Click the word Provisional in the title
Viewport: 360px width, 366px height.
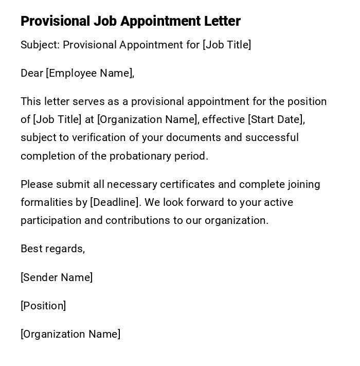tap(55, 21)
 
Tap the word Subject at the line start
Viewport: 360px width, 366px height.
tap(40, 45)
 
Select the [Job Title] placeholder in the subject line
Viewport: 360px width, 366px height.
tap(227, 45)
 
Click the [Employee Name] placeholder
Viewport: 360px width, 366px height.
tap(89, 73)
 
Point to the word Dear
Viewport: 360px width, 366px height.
tap(31, 73)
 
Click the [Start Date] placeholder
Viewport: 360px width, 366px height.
tap(275, 119)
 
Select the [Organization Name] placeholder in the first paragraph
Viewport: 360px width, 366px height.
tap(148, 119)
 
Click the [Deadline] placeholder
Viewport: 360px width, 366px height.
tap(115, 202)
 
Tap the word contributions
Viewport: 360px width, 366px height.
tap(137, 220)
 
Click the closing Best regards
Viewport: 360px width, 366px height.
tap(52, 249)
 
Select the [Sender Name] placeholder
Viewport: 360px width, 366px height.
tap(57, 277)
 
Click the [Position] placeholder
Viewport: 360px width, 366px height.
tap(43, 306)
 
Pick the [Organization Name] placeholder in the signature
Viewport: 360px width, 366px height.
tap(70, 334)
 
